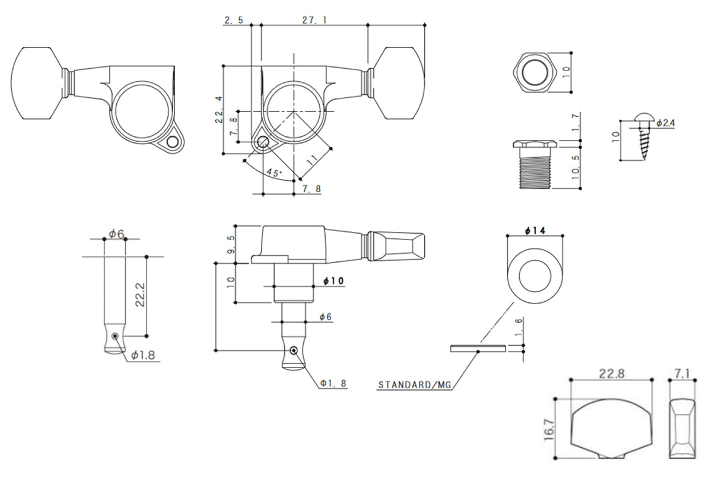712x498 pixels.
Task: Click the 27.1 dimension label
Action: (314, 20)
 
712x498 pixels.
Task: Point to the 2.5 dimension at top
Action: (233, 20)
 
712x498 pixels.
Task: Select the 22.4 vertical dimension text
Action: (219, 108)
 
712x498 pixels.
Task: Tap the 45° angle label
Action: (274, 173)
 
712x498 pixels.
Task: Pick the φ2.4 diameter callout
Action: (665, 123)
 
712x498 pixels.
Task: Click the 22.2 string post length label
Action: (139, 295)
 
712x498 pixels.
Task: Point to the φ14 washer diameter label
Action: (535, 230)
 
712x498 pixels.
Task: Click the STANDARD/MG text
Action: (415, 385)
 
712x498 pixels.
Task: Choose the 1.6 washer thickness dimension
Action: (519, 327)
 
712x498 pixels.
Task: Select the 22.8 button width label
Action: (611, 373)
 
